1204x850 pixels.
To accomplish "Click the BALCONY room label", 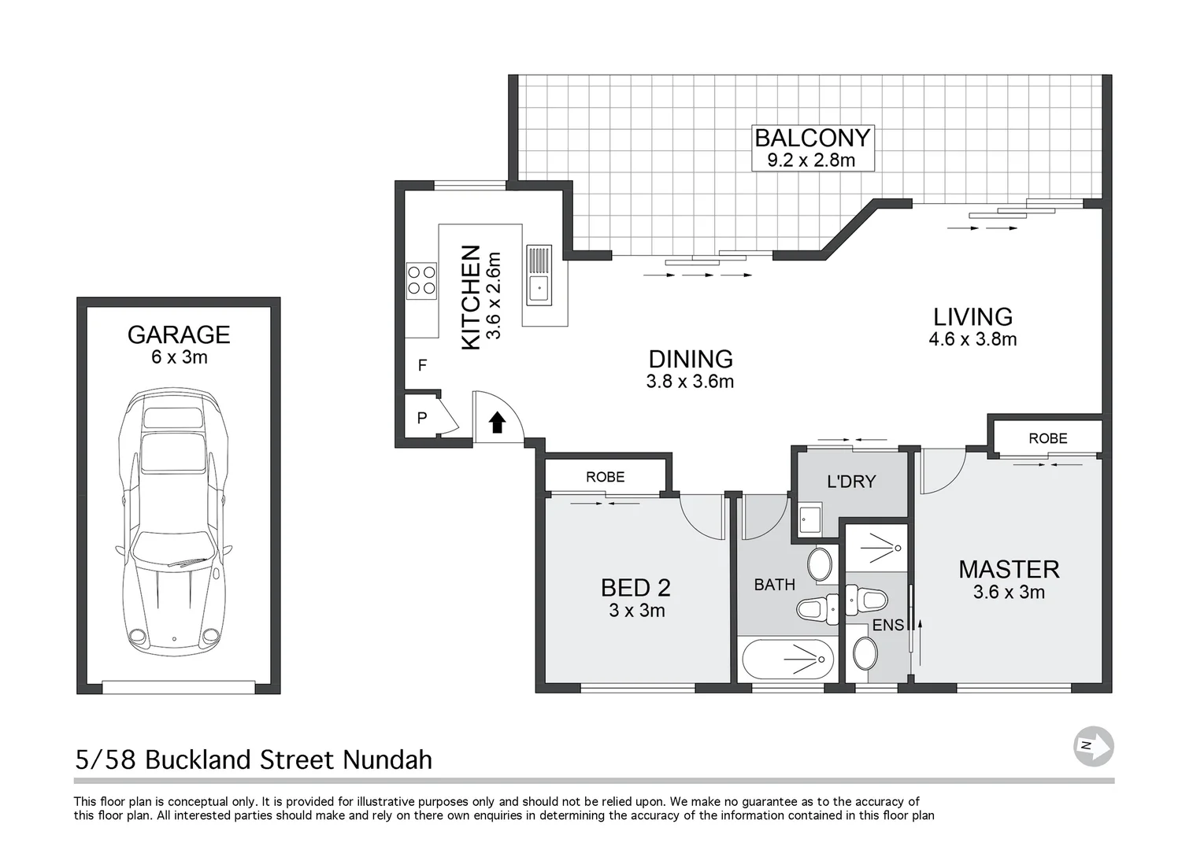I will click(812, 138).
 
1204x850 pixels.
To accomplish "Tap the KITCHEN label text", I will click(470, 297).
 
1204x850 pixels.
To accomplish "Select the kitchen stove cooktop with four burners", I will click(421, 280).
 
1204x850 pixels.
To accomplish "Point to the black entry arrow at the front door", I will click(497, 423).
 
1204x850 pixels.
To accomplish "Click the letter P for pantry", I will click(422, 419).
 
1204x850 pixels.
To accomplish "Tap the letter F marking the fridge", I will click(422, 365).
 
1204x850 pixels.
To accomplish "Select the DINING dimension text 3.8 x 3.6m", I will click(690, 382).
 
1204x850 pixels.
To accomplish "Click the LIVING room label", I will click(972, 316).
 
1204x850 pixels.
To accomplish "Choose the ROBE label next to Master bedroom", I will click(1047, 438).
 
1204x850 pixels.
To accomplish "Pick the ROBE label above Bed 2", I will click(605, 477).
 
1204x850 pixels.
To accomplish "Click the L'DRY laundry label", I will click(850, 482).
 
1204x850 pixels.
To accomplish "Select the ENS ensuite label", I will click(887, 626).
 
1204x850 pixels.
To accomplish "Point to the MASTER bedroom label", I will click(1008, 569).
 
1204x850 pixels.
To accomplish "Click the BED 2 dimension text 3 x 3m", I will click(636, 611).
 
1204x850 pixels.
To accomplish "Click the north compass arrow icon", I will click(1094, 745).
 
